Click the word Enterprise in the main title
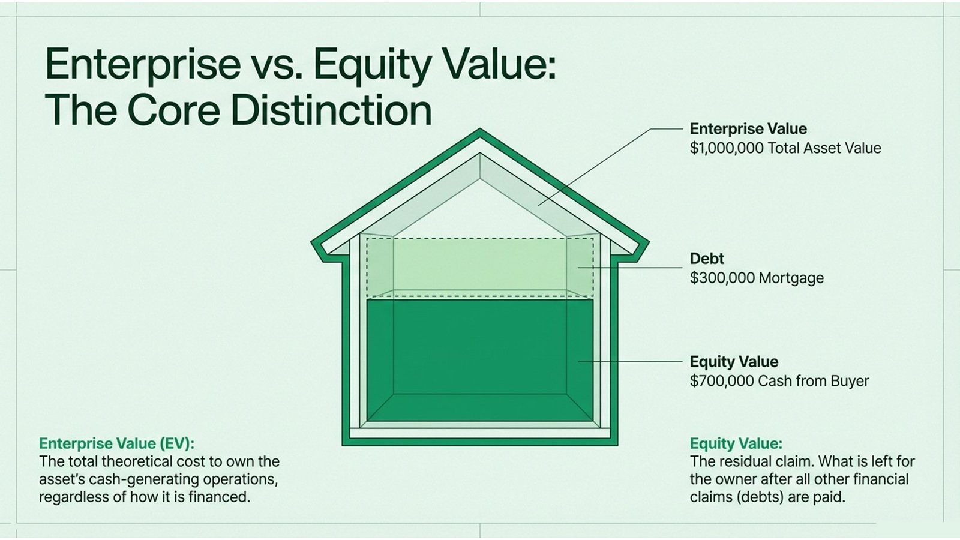pyautogui.click(x=143, y=65)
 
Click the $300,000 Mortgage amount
pyautogui.click(x=757, y=278)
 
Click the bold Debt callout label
pyautogui.click(x=707, y=259)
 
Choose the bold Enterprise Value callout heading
pyautogui.click(x=748, y=129)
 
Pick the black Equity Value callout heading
pyautogui.click(x=733, y=362)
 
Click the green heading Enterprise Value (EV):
pyautogui.click(x=116, y=443)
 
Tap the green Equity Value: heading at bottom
pyautogui.click(x=736, y=443)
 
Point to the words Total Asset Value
pyautogui.click(x=824, y=148)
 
